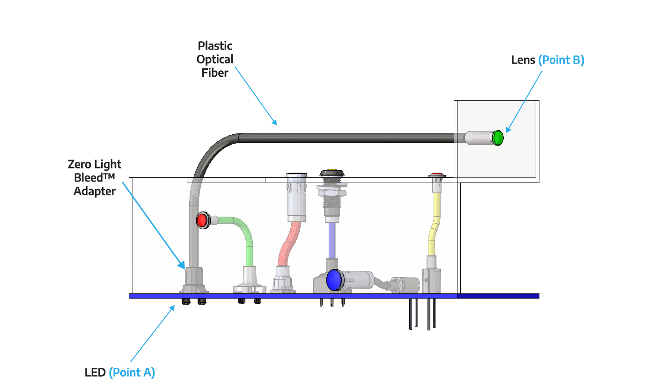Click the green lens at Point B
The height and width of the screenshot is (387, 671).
498,138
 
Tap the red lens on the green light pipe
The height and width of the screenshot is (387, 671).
202,220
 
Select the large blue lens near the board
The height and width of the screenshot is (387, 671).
334,280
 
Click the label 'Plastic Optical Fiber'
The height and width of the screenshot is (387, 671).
215,59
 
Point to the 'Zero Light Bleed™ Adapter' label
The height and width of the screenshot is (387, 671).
95,178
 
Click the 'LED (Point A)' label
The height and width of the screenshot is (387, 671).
120,372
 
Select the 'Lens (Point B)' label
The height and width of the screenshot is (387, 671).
548,60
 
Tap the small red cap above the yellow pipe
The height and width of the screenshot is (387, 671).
436,175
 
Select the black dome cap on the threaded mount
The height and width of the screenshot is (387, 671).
332,173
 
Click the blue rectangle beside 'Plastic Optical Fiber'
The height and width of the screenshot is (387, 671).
258,95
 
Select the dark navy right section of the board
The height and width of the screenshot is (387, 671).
498,296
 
